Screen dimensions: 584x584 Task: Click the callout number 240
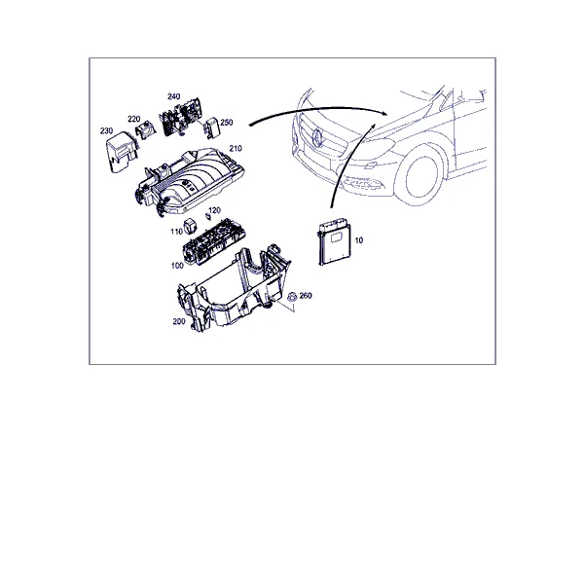click(x=173, y=96)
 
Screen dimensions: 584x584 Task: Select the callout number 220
click(x=133, y=119)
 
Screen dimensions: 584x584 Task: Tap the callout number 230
click(x=106, y=130)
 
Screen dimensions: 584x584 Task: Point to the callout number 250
click(x=227, y=123)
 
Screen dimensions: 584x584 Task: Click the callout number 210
click(x=236, y=149)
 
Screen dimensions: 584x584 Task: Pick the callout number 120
click(x=214, y=210)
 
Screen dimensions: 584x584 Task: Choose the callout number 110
click(x=176, y=232)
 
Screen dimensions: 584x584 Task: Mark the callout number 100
click(x=177, y=266)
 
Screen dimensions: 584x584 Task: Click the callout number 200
click(x=179, y=321)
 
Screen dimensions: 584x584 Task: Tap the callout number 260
click(x=306, y=296)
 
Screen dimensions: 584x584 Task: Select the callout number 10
click(x=358, y=240)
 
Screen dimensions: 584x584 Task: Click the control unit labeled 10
click(x=334, y=242)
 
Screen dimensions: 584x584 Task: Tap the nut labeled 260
click(x=291, y=297)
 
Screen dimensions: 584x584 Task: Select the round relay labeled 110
click(x=190, y=226)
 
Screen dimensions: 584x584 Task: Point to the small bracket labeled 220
click(x=146, y=129)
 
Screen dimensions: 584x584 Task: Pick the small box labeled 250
click(x=211, y=128)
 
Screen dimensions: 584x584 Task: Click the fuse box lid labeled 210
click(x=189, y=181)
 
